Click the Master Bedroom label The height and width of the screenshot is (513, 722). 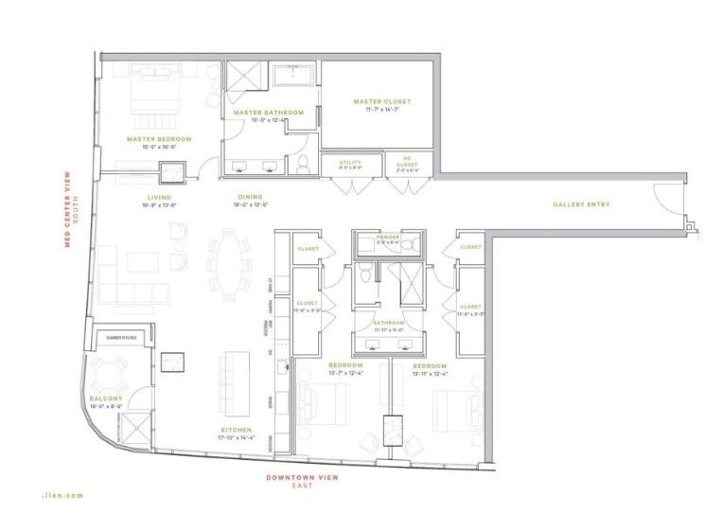pyautogui.click(x=159, y=139)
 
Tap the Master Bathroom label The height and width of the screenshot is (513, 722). pyautogui.click(x=269, y=113)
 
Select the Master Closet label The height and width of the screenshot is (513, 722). pyautogui.click(x=382, y=101)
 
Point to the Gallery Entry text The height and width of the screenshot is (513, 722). pyautogui.click(x=581, y=204)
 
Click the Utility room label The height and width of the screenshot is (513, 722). pyautogui.click(x=350, y=163)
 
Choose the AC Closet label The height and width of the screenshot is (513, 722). pyautogui.click(x=409, y=163)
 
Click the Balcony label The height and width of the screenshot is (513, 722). pyautogui.click(x=105, y=398)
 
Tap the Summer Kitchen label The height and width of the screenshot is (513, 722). pyautogui.click(x=121, y=337)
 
